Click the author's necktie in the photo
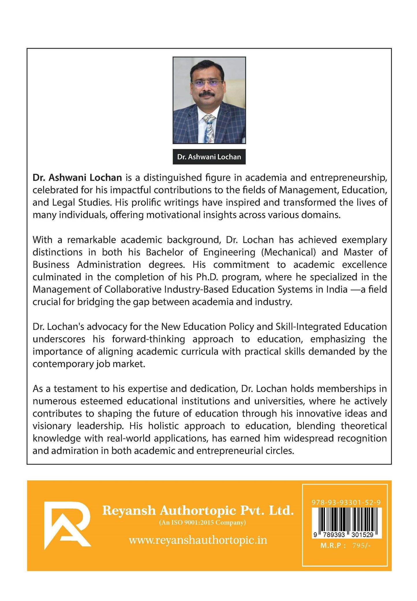click(x=209, y=128)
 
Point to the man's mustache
click(x=207, y=94)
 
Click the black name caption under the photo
click(x=209, y=157)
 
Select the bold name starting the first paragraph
click(x=77, y=178)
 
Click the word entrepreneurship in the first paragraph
click(x=348, y=178)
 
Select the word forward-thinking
click(x=148, y=339)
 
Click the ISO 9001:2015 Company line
click(x=202, y=522)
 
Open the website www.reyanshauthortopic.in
click(x=198, y=540)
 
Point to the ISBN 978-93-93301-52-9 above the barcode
click(x=346, y=503)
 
